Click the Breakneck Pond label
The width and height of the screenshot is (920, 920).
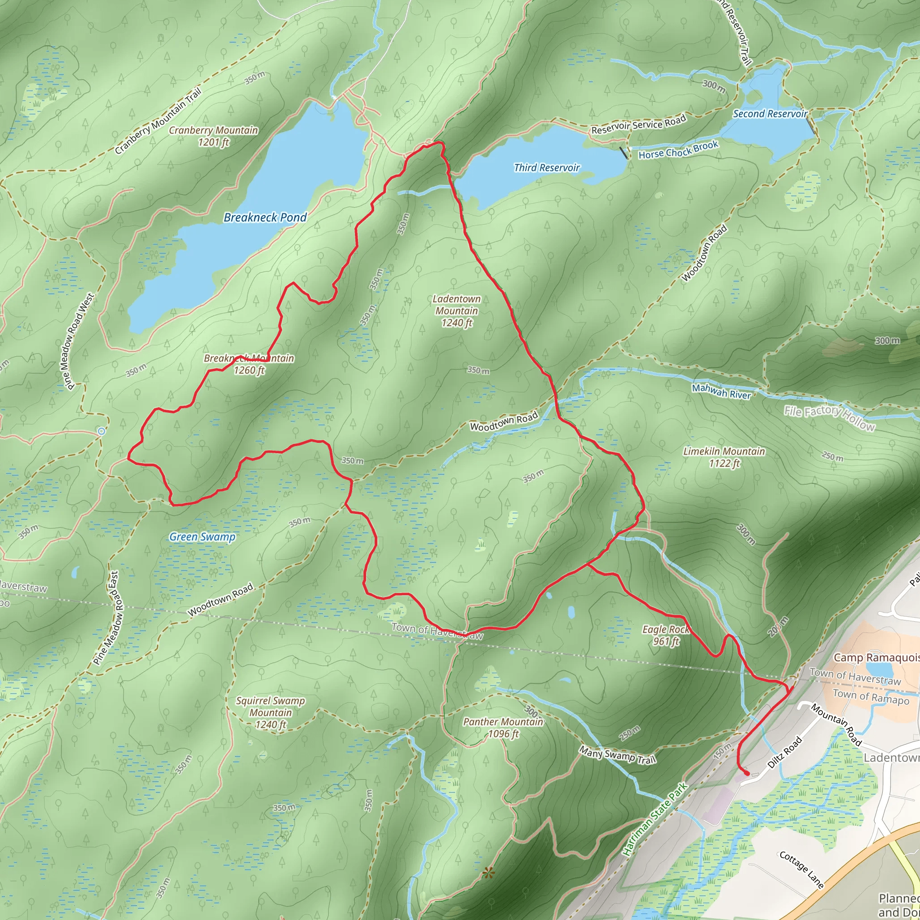(x=265, y=217)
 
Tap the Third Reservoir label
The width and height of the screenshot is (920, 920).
(x=547, y=168)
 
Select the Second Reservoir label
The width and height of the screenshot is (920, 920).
(x=770, y=114)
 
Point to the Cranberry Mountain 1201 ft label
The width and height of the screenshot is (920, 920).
(x=213, y=136)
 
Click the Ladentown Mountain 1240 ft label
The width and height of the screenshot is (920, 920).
(x=457, y=311)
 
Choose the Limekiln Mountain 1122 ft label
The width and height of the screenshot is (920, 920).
(x=724, y=457)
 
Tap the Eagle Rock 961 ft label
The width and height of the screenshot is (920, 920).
(x=666, y=635)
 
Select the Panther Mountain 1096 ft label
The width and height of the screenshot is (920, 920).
(x=503, y=728)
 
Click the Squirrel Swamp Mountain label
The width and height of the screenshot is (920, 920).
(x=270, y=712)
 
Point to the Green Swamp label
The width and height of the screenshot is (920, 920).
(x=203, y=537)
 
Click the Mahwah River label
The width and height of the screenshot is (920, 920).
(x=721, y=391)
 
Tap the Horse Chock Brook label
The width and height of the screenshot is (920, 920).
(x=678, y=150)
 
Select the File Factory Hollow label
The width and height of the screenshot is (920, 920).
(x=830, y=418)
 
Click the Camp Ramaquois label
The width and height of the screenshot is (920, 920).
(x=876, y=658)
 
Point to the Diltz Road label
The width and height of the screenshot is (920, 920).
(x=785, y=752)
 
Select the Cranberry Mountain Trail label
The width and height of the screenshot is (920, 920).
(x=158, y=121)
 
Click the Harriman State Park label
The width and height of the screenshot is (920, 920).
(x=656, y=819)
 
